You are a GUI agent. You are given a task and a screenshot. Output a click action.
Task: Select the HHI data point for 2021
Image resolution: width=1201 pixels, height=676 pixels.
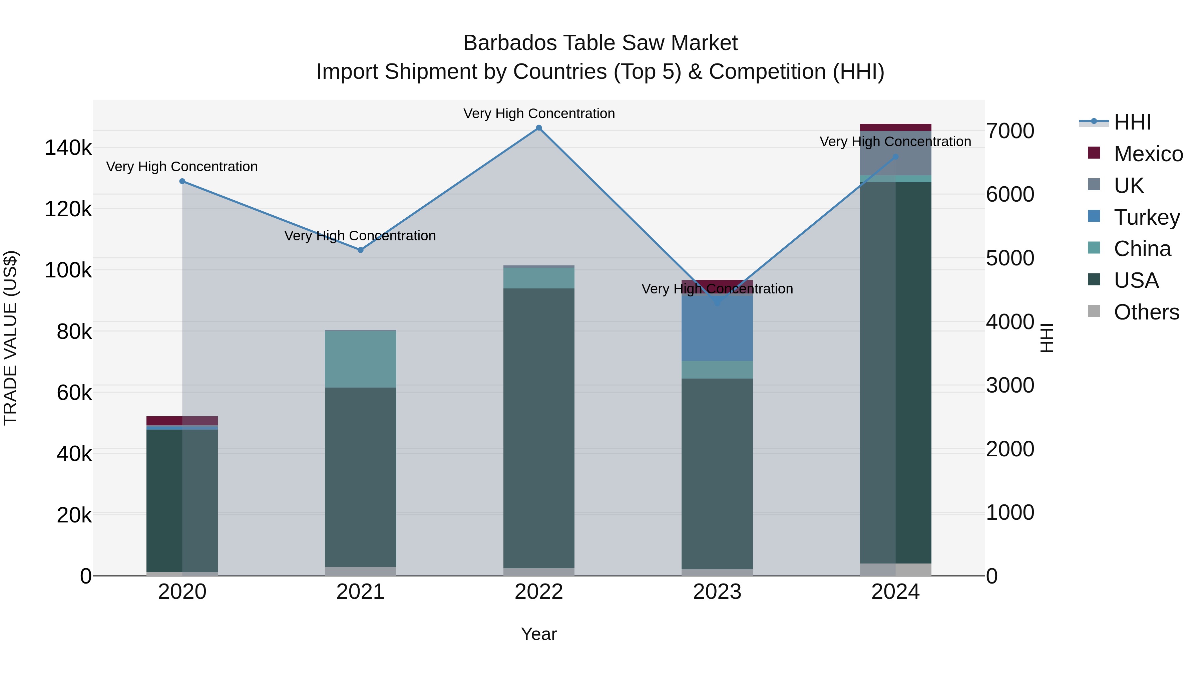tap(360, 250)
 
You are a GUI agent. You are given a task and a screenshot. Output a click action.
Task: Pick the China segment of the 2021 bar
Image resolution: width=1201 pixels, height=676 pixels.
tap(360, 359)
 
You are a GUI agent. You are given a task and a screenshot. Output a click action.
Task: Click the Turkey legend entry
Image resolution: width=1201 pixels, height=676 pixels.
tap(1146, 217)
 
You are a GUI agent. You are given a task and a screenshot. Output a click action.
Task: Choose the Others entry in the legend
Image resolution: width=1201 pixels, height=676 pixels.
tap(1146, 312)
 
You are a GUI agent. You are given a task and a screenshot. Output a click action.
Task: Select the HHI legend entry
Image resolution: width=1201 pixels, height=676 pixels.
tap(1132, 122)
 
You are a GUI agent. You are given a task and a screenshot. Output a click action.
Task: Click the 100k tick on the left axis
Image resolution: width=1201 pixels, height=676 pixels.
tap(68, 270)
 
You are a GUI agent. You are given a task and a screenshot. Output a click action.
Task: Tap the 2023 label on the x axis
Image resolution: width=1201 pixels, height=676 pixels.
tap(717, 592)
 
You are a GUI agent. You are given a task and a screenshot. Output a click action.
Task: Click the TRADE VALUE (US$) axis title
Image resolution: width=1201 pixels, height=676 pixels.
tap(10, 338)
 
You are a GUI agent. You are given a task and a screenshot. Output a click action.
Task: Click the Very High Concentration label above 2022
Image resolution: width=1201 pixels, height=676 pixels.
tap(539, 114)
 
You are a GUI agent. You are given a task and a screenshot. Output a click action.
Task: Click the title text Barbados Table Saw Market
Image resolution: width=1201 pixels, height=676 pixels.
tap(600, 43)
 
